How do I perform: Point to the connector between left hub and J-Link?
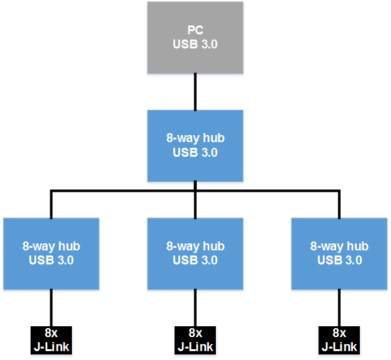coord(51,308)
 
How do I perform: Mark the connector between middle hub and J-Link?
coord(195,308)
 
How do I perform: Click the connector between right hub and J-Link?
coord(339,308)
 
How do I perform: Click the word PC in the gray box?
coord(195,31)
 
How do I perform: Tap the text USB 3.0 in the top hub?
coord(195,152)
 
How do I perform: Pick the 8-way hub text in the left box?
coord(51,247)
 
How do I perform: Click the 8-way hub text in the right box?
coord(339,247)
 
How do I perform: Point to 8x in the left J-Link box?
coord(52,333)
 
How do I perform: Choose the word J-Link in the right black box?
coord(339,347)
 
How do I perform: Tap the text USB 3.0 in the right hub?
coord(339,260)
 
